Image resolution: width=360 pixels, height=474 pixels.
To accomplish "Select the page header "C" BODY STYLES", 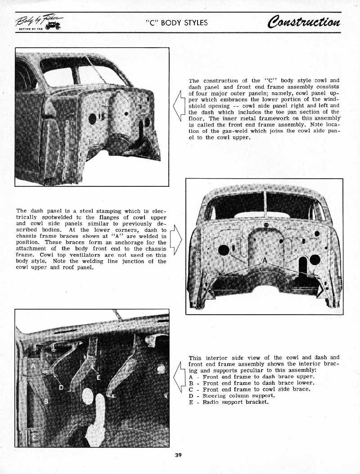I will tap(176, 23).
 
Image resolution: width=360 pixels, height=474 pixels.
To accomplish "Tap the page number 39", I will tap(178, 455).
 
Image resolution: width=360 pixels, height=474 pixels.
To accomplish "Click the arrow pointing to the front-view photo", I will tap(176, 239).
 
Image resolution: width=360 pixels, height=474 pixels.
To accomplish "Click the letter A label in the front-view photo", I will tap(265, 262).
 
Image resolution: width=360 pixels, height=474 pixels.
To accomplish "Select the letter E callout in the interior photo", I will tap(98, 378).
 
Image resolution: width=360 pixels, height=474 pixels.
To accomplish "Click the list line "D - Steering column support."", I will tap(232, 396).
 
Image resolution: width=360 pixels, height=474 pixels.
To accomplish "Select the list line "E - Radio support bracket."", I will tap(229, 402).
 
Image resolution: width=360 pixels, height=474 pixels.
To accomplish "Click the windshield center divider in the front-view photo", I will tap(265, 205).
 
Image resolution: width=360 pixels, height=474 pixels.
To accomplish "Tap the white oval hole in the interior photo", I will tap(88, 396).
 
